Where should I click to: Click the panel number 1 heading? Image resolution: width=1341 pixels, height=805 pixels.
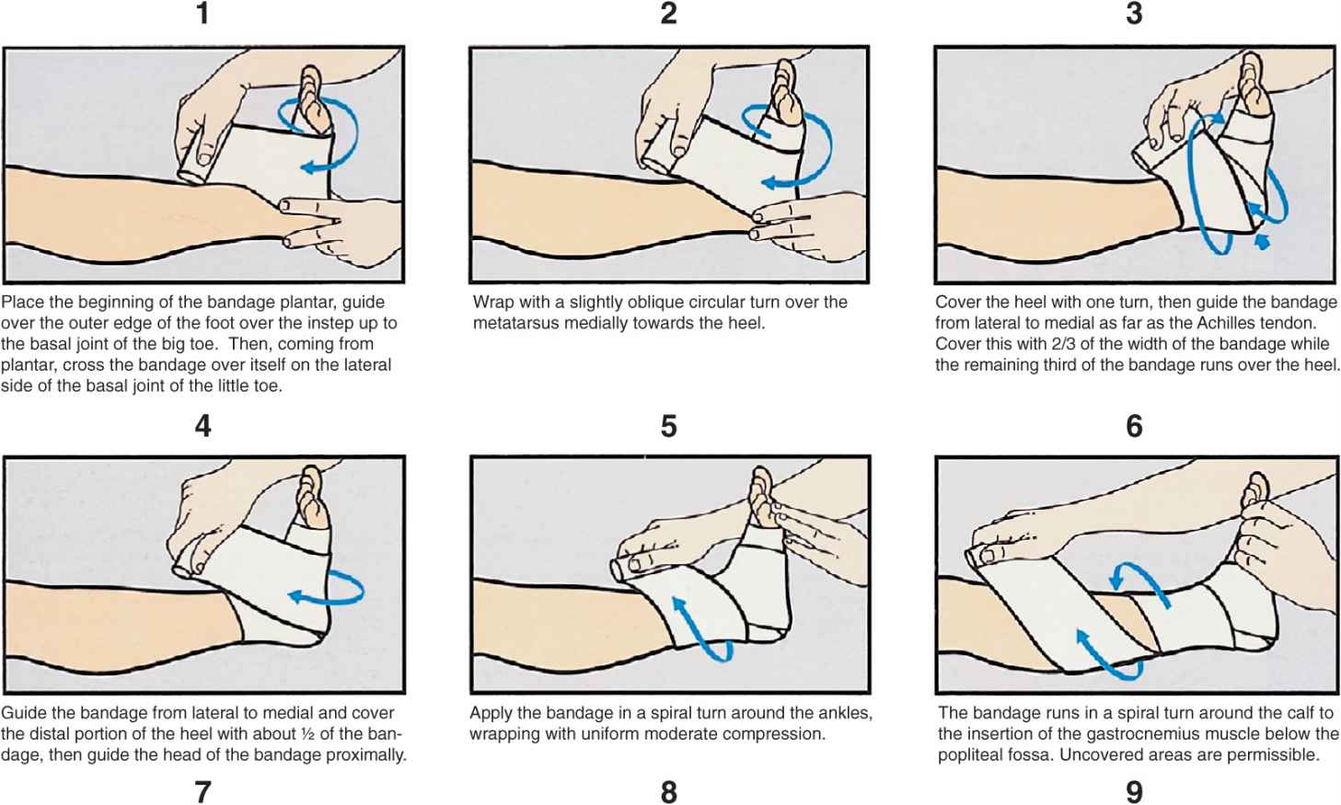click(x=202, y=14)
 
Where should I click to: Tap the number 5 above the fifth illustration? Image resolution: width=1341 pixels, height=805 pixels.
click(x=669, y=427)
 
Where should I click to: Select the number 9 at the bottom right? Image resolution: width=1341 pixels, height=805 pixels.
click(x=1134, y=792)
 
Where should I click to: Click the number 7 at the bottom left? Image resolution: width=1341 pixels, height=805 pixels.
click(x=202, y=792)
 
